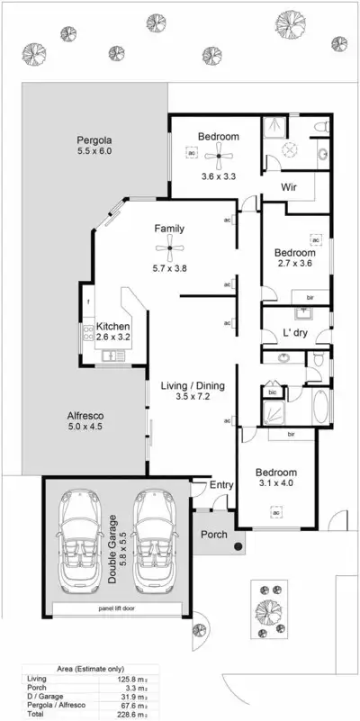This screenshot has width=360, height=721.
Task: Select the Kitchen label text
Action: (x=113, y=326)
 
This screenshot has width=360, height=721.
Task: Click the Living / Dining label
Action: (x=192, y=386)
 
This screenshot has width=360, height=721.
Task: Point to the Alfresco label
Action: (x=86, y=416)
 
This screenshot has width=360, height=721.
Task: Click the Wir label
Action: (x=289, y=189)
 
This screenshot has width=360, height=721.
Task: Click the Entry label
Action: (x=221, y=485)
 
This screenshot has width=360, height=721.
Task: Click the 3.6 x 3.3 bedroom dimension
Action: (x=218, y=151)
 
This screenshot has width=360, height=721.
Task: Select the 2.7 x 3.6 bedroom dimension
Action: (x=293, y=265)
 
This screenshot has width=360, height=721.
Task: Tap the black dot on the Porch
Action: (x=236, y=545)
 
